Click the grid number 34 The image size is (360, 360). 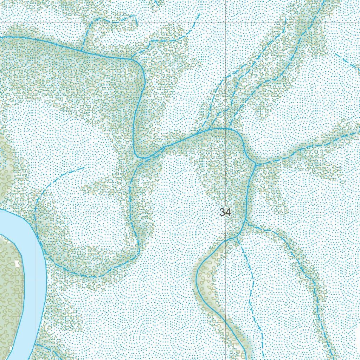click(225, 212)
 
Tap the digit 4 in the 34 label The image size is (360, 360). click(228, 212)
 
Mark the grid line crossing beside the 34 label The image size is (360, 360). click(225, 212)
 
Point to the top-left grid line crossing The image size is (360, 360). click(37, 23)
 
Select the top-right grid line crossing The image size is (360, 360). click(225, 23)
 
